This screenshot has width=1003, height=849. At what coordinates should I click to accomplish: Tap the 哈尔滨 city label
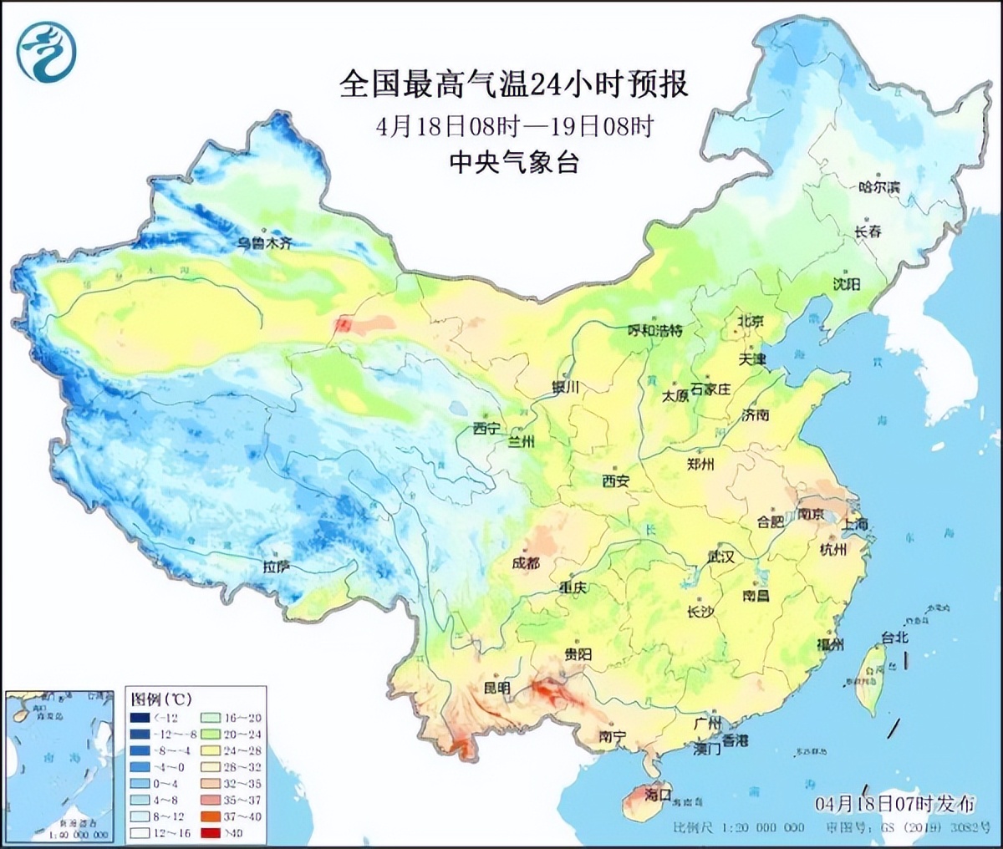click(879, 187)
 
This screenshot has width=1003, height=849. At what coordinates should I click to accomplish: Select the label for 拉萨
click(276, 567)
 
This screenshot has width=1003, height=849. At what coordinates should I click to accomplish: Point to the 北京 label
click(751, 321)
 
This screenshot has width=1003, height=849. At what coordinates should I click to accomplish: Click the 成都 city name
click(526, 562)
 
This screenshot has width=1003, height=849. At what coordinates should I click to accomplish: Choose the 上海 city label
click(855, 524)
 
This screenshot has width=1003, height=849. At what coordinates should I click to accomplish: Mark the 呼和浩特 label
click(654, 330)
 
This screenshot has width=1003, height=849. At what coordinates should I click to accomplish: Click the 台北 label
click(894, 637)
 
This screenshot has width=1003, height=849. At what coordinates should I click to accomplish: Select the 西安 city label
click(616, 481)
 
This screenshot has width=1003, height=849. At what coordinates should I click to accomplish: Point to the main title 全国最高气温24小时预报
click(513, 84)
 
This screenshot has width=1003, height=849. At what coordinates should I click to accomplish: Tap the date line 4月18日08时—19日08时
click(513, 125)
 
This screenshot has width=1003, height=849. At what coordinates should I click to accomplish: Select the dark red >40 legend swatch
click(211, 832)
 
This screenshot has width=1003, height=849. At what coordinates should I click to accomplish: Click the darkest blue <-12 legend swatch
click(140, 718)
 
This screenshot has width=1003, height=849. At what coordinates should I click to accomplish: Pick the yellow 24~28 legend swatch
click(211, 750)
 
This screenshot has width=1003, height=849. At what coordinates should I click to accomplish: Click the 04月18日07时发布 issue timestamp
click(894, 804)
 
